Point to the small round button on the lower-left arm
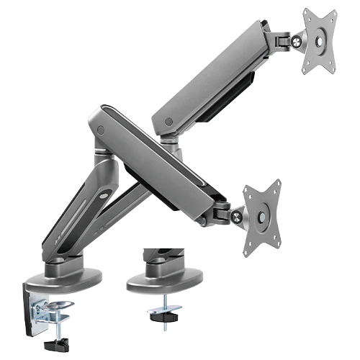tap(104, 194)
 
